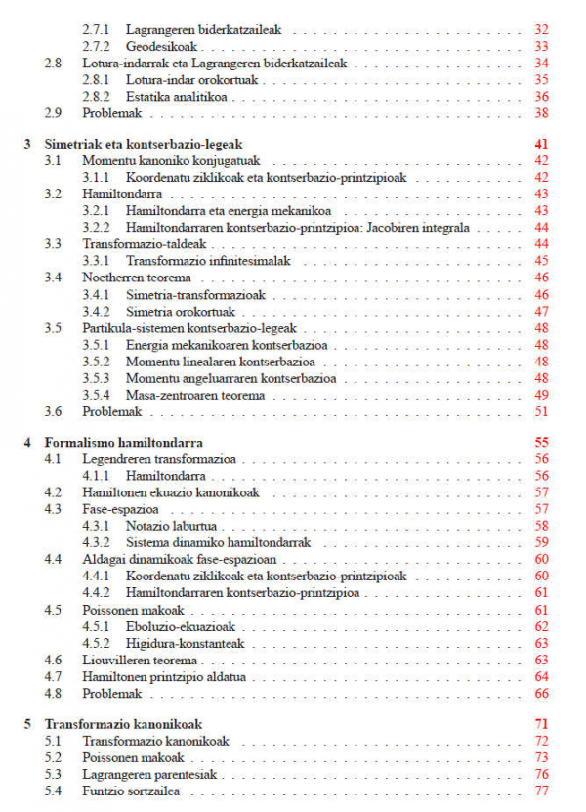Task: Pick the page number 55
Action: tap(542, 441)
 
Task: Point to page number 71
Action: tap(542, 724)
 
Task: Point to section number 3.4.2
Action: tap(96, 312)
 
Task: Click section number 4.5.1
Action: tap(96, 626)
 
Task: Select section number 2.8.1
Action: tap(96, 79)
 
